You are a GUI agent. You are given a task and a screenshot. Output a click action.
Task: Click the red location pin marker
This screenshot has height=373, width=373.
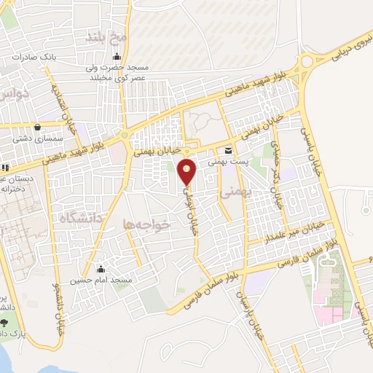[188, 171]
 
